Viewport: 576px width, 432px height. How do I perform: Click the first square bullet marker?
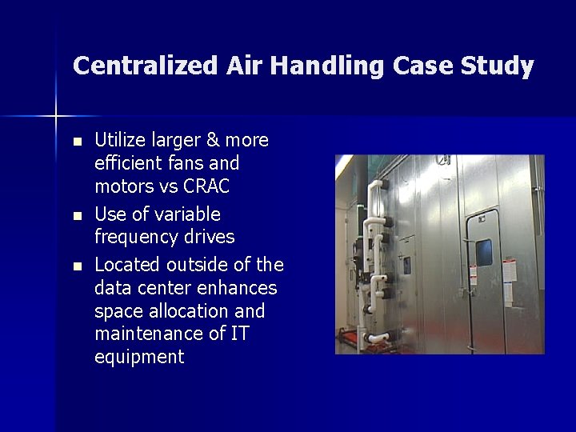[77, 142]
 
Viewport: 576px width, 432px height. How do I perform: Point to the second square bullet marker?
[77, 215]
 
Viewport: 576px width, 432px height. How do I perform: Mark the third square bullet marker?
[77, 265]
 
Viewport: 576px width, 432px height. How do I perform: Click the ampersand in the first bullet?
[211, 141]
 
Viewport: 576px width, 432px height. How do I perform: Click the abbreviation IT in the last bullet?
[239, 333]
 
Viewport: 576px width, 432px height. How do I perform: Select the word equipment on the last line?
[139, 357]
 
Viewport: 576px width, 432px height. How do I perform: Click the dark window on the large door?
[484, 253]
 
